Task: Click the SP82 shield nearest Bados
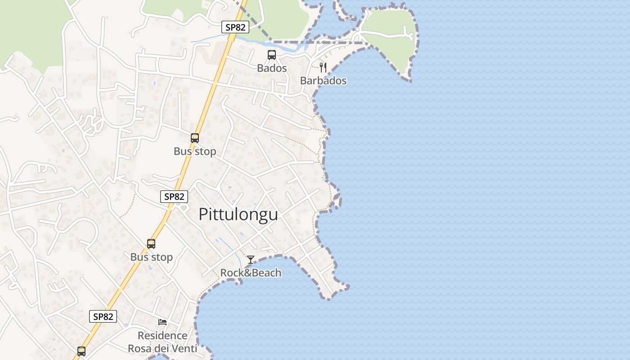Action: click(235, 27)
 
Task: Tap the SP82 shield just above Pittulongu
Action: click(174, 197)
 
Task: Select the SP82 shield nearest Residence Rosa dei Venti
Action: click(103, 316)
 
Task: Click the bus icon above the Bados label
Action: click(272, 55)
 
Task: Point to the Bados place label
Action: click(272, 68)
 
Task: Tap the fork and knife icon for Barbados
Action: click(323, 67)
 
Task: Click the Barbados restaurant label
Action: click(323, 81)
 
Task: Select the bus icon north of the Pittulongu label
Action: click(195, 138)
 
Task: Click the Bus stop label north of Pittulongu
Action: click(195, 152)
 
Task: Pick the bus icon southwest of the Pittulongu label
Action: click(151, 244)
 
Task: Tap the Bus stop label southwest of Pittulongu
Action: click(152, 257)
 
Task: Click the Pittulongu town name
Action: click(238, 214)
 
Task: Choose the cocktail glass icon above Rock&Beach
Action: click(251, 260)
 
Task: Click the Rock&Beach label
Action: click(251, 273)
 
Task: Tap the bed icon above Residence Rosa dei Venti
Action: click(162, 322)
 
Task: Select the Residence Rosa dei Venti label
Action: click(162, 342)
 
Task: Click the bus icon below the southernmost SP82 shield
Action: click(81, 351)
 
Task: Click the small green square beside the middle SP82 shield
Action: click(183, 207)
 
